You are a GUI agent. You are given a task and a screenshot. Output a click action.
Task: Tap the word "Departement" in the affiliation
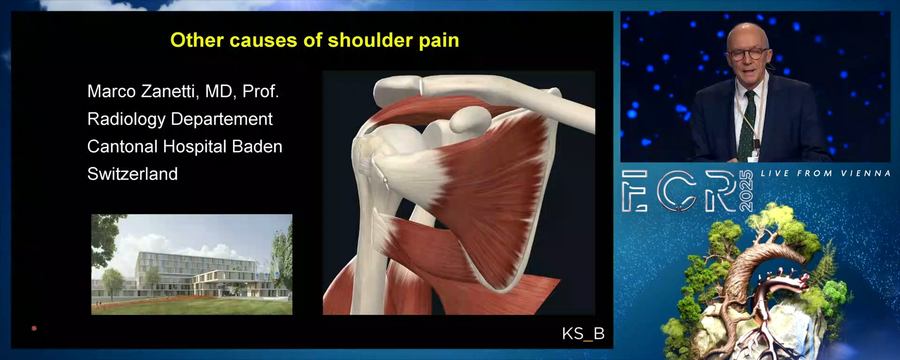(x=222, y=119)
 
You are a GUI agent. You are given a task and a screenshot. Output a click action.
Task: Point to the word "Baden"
(x=257, y=147)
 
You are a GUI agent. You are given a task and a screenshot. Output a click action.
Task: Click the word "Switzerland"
(x=133, y=174)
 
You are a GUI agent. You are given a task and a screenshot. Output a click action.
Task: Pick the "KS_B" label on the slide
(x=583, y=333)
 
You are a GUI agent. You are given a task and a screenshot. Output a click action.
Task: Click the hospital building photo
(x=192, y=264)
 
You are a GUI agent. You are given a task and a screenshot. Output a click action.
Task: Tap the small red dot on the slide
(x=34, y=328)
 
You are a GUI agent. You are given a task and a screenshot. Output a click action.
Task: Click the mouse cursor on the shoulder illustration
(x=385, y=180)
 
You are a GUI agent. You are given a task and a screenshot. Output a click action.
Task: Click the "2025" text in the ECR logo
(x=746, y=191)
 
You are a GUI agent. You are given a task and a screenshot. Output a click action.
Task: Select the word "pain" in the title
(x=439, y=41)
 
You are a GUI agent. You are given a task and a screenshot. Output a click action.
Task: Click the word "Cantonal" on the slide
(x=122, y=147)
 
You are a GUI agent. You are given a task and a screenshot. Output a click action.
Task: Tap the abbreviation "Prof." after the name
(x=261, y=91)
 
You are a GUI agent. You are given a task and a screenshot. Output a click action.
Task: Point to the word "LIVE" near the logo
(x=775, y=173)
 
